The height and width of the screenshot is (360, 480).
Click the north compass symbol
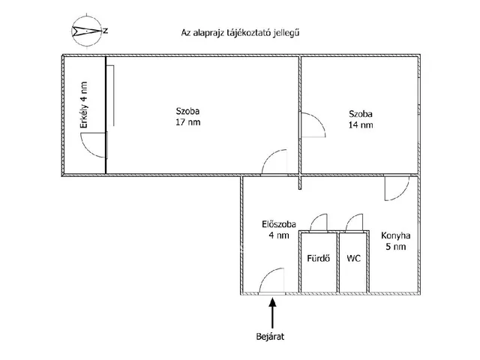coord(86,31)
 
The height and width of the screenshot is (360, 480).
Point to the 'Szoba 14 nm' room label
coord(360,120)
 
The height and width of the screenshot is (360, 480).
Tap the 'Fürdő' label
coord(316,259)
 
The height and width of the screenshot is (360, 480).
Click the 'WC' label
coord(352,259)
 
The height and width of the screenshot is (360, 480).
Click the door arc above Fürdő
coord(318,223)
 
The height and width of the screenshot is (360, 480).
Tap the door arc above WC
coord(354,223)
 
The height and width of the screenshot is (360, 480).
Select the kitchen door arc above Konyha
coord(395,190)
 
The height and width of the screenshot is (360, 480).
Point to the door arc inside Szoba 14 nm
coord(312,124)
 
